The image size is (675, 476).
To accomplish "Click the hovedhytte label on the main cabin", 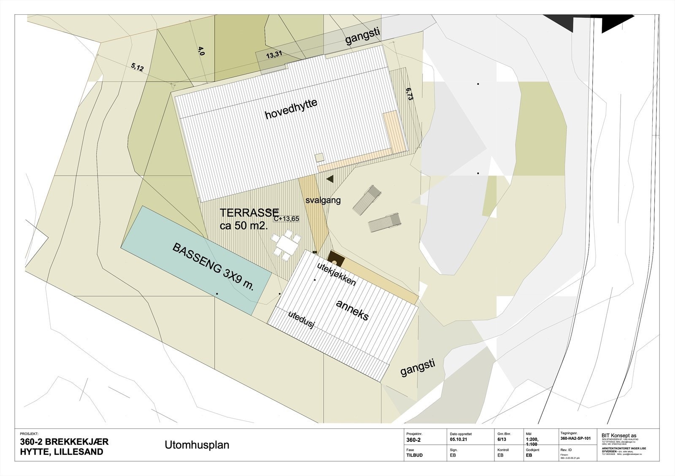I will tap(291, 109).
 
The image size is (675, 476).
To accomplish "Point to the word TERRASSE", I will tap(249, 213).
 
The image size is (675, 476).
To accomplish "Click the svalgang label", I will tap(323, 200).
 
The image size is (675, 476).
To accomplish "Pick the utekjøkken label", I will tap(336, 274).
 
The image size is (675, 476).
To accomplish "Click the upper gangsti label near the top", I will tap(363, 37).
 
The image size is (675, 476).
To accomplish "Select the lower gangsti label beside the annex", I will tap(418, 368).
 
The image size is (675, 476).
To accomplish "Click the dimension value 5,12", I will tap(138, 67).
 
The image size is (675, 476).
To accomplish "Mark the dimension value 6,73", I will tap(409, 94).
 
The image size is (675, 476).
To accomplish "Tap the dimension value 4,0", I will tap(201, 51).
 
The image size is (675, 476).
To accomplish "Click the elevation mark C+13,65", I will tap(286, 219).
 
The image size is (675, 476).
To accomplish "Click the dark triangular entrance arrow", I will tap(330, 178).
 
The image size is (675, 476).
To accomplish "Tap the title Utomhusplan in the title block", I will tap(196, 445).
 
